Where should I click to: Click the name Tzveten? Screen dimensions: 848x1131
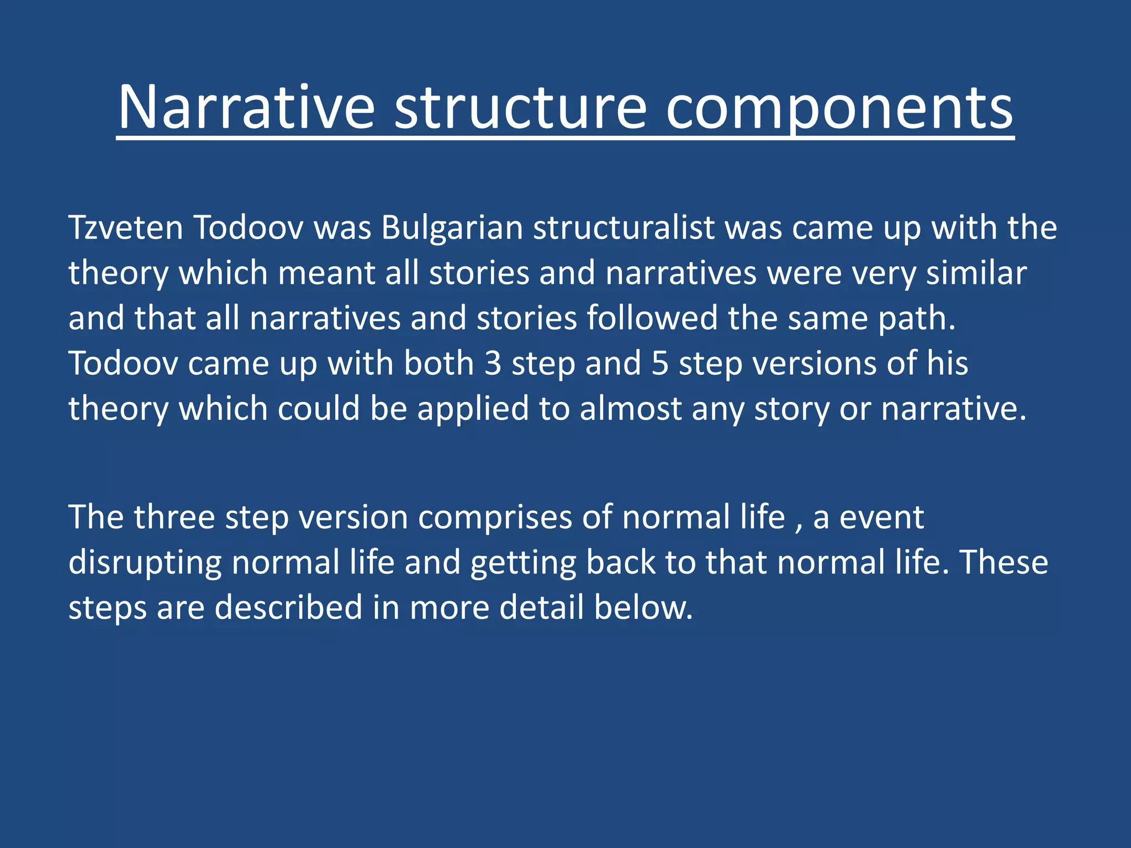click(x=125, y=227)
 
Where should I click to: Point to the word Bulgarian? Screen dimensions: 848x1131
click(x=452, y=227)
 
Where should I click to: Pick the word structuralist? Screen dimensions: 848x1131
click(x=624, y=227)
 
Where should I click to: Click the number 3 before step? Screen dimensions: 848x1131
click(x=493, y=363)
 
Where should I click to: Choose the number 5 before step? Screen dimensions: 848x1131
click(x=660, y=363)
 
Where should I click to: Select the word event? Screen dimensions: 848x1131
click(x=881, y=518)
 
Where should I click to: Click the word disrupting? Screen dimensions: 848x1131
click(x=145, y=563)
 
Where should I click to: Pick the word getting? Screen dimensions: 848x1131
click(x=523, y=563)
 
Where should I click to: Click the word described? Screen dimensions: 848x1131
click(x=288, y=607)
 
